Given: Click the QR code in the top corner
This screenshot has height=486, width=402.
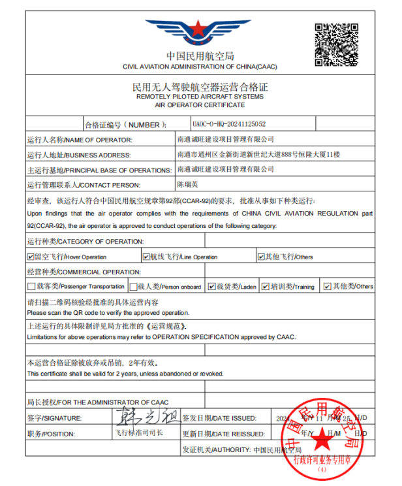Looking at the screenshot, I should (x=337, y=44).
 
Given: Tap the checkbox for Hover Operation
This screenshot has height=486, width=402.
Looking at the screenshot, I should (x=31, y=257).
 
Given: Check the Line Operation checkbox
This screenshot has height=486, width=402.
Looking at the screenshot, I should (x=146, y=257).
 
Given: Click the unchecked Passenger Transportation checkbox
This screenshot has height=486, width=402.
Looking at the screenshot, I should (x=31, y=286).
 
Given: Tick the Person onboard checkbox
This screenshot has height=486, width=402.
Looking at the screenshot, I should (x=132, y=286).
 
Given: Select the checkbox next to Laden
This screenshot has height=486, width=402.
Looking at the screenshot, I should (x=211, y=286).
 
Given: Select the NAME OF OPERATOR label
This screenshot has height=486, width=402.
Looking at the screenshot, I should (x=80, y=140).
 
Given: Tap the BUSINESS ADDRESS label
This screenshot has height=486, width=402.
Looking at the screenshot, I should (x=79, y=155).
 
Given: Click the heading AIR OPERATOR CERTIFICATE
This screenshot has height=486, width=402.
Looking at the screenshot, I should (x=200, y=104).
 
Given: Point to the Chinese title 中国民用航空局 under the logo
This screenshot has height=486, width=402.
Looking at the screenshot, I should (x=200, y=56).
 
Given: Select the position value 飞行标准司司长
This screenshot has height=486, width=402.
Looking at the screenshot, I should (x=138, y=432).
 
